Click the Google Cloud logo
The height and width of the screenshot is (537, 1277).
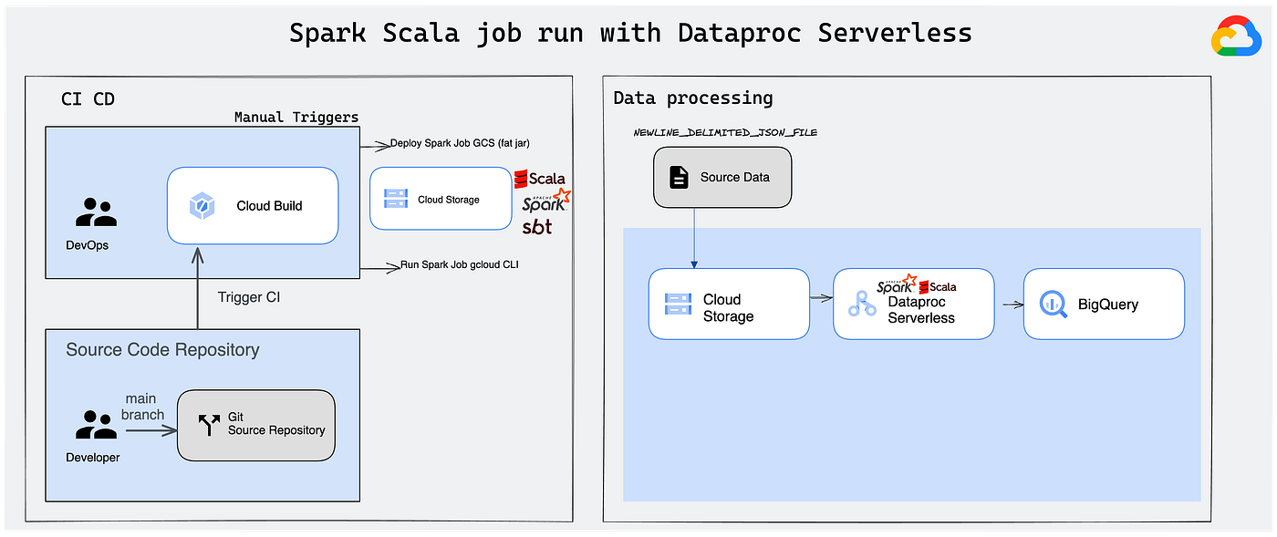point(1236,36)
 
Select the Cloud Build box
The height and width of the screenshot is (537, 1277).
point(253,206)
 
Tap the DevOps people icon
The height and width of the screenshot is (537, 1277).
point(96,212)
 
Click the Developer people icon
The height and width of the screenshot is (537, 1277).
point(96,425)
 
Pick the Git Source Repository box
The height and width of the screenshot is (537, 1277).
point(256,425)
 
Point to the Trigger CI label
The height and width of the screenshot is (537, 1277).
point(248,297)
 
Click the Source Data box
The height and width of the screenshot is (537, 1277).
point(722,177)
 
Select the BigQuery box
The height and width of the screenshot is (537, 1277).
point(1104,304)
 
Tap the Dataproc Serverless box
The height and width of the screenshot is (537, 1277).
point(913,304)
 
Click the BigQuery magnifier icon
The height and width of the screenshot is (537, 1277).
point(1053,305)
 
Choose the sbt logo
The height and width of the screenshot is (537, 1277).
point(537,227)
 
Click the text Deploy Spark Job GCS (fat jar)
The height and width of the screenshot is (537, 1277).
point(460,143)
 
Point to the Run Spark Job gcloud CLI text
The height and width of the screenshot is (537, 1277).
point(460,264)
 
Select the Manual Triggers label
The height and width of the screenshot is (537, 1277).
point(296,118)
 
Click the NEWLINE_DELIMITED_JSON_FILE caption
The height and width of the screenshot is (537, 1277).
point(725,132)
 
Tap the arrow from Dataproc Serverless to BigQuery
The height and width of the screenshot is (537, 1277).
point(1013,305)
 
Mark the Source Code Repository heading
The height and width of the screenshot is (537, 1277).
point(162,349)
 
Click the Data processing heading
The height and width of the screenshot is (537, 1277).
point(693,98)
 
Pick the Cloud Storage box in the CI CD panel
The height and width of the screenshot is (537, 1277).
point(441,199)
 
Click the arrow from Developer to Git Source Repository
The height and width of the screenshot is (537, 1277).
point(151,431)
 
